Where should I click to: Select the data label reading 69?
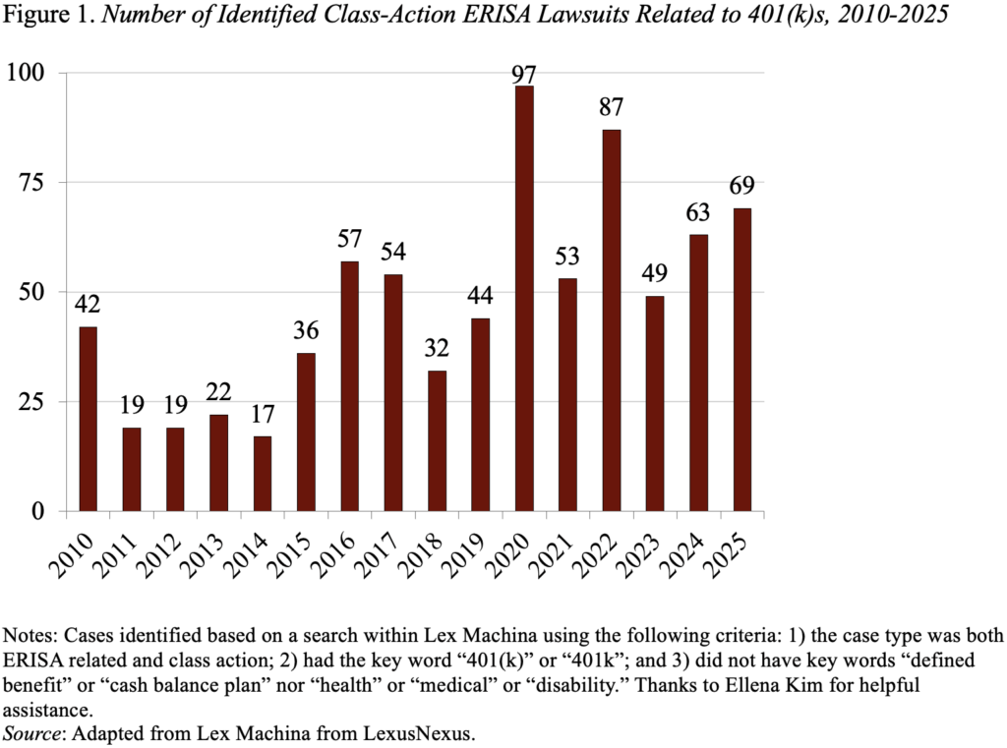(742, 185)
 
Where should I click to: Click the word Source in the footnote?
(30, 731)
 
